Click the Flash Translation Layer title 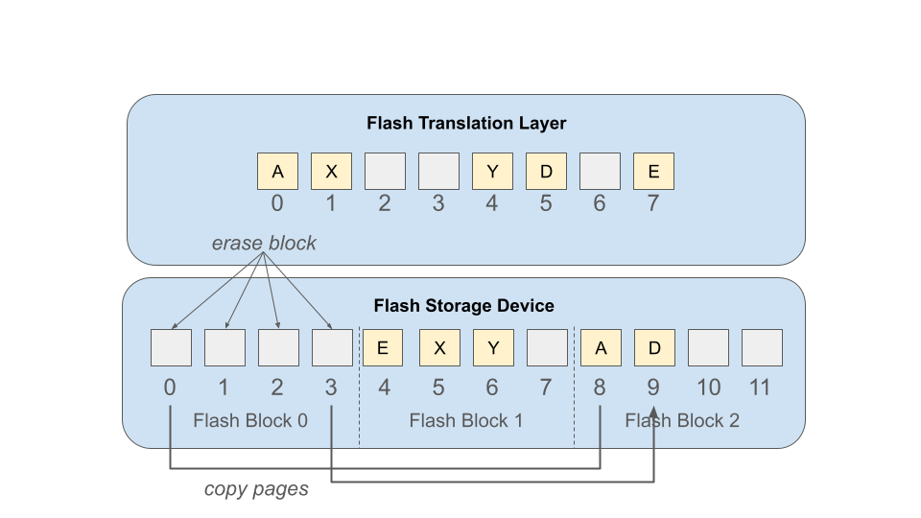(x=466, y=124)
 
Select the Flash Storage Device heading (x=464, y=305)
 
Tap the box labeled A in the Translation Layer (x=278, y=172)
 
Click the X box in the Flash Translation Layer (x=331, y=172)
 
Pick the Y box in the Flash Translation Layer (x=493, y=172)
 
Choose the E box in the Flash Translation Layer (x=653, y=172)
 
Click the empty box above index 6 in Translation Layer (x=600, y=172)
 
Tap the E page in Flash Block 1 (x=383, y=347)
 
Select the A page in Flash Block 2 (x=601, y=347)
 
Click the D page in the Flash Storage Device (x=654, y=347)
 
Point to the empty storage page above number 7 (x=548, y=347)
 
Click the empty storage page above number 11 (x=762, y=347)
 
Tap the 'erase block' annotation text (x=264, y=243)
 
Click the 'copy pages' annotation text (x=256, y=489)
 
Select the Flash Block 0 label (x=250, y=420)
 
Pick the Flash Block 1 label (x=466, y=420)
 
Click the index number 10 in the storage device (x=708, y=388)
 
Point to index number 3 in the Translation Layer (x=438, y=203)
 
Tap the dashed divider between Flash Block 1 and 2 (x=575, y=387)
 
